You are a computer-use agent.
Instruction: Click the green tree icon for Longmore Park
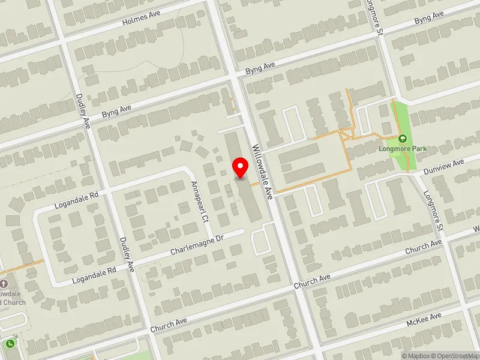(402, 138)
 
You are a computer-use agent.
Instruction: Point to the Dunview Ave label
(444, 164)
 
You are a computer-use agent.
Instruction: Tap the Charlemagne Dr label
(196, 243)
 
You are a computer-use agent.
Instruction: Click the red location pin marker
(241, 167)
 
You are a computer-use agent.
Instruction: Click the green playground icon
(10, 344)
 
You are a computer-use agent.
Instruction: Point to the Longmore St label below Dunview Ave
(432, 211)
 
